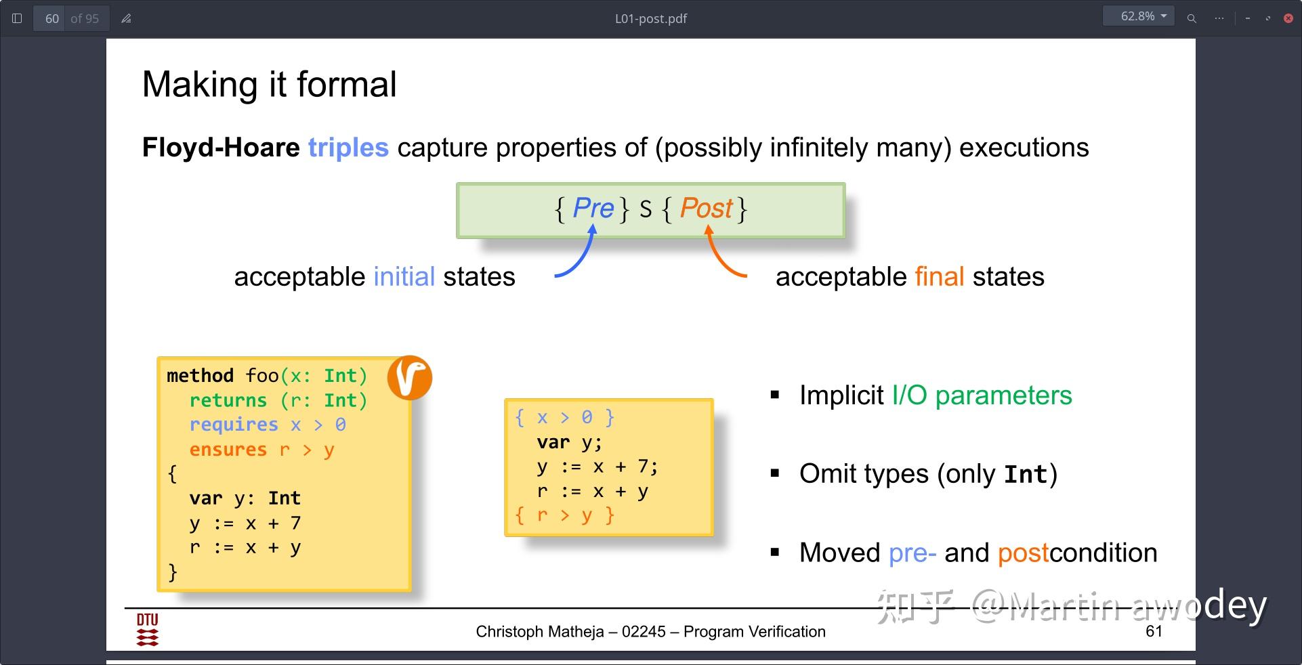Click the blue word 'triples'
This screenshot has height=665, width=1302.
(348, 148)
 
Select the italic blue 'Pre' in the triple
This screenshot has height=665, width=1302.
(593, 208)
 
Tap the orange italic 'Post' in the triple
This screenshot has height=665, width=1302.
(707, 208)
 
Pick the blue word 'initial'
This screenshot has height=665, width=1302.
(404, 276)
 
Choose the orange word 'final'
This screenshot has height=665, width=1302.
(940, 276)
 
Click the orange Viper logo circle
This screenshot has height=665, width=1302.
(410, 377)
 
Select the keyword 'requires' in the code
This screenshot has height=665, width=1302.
(234, 425)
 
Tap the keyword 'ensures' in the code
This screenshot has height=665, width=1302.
(228, 450)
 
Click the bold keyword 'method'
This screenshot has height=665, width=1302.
(200, 375)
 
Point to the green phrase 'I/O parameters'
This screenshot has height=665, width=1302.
(982, 395)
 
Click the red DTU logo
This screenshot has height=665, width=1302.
(148, 630)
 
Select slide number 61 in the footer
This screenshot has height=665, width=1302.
(1154, 631)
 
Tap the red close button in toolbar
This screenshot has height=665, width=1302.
(1288, 18)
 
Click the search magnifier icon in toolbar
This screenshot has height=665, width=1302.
(1192, 18)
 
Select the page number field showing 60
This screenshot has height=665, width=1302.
(52, 18)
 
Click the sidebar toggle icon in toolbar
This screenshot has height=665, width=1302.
(18, 18)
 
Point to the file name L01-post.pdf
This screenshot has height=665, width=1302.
(651, 19)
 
